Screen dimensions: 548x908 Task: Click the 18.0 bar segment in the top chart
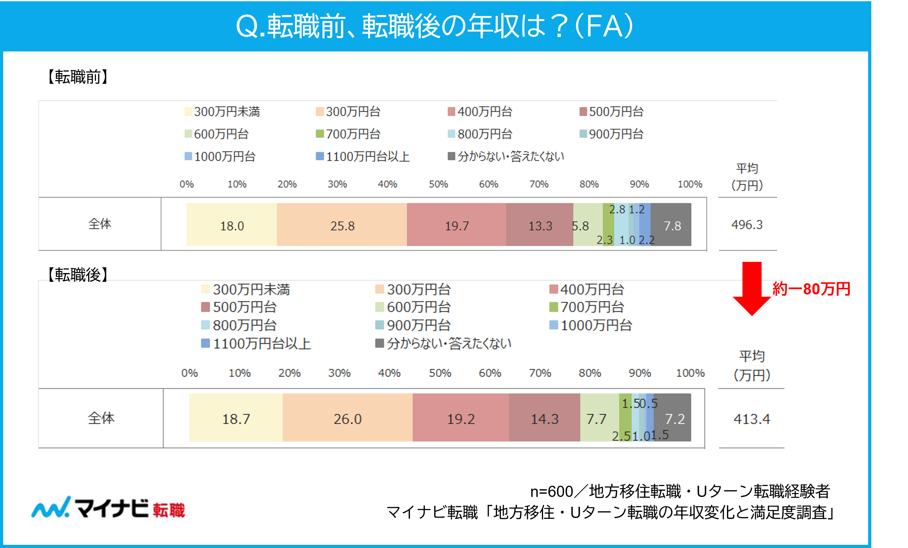231,225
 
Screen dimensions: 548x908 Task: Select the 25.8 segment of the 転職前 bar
342,225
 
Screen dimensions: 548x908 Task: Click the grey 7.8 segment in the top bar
672,225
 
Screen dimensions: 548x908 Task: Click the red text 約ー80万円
811,289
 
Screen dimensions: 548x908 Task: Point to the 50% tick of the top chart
438,184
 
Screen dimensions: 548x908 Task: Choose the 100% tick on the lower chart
690,373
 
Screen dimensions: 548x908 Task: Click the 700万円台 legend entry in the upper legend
348,134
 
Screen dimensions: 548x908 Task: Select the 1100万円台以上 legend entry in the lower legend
257,344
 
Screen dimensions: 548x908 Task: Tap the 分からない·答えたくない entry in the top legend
506,156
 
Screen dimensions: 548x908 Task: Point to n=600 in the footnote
551,491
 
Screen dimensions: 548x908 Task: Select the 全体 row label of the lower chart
101,418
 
